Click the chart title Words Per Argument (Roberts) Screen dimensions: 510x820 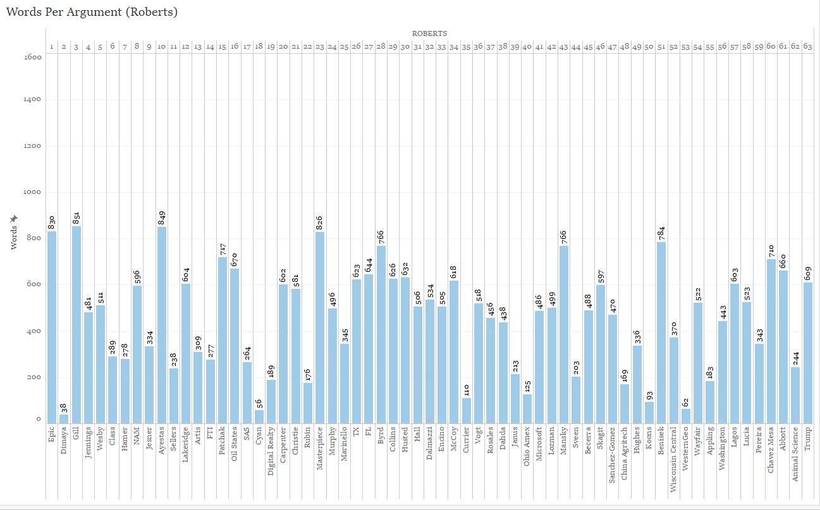click(x=92, y=13)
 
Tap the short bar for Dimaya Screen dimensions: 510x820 click(x=64, y=418)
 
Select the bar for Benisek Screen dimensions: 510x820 click(x=661, y=332)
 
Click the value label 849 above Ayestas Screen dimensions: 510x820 click(x=162, y=217)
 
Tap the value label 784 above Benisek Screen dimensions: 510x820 click(x=661, y=233)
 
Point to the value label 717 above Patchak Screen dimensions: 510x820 click(x=223, y=248)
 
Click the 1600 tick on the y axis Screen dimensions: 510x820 click(x=33, y=57)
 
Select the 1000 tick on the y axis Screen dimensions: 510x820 click(x=33, y=192)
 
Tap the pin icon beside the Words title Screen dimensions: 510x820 click(x=14, y=219)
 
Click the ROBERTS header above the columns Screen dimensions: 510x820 click(x=429, y=33)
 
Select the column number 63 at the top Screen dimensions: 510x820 click(x=807, y=46)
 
